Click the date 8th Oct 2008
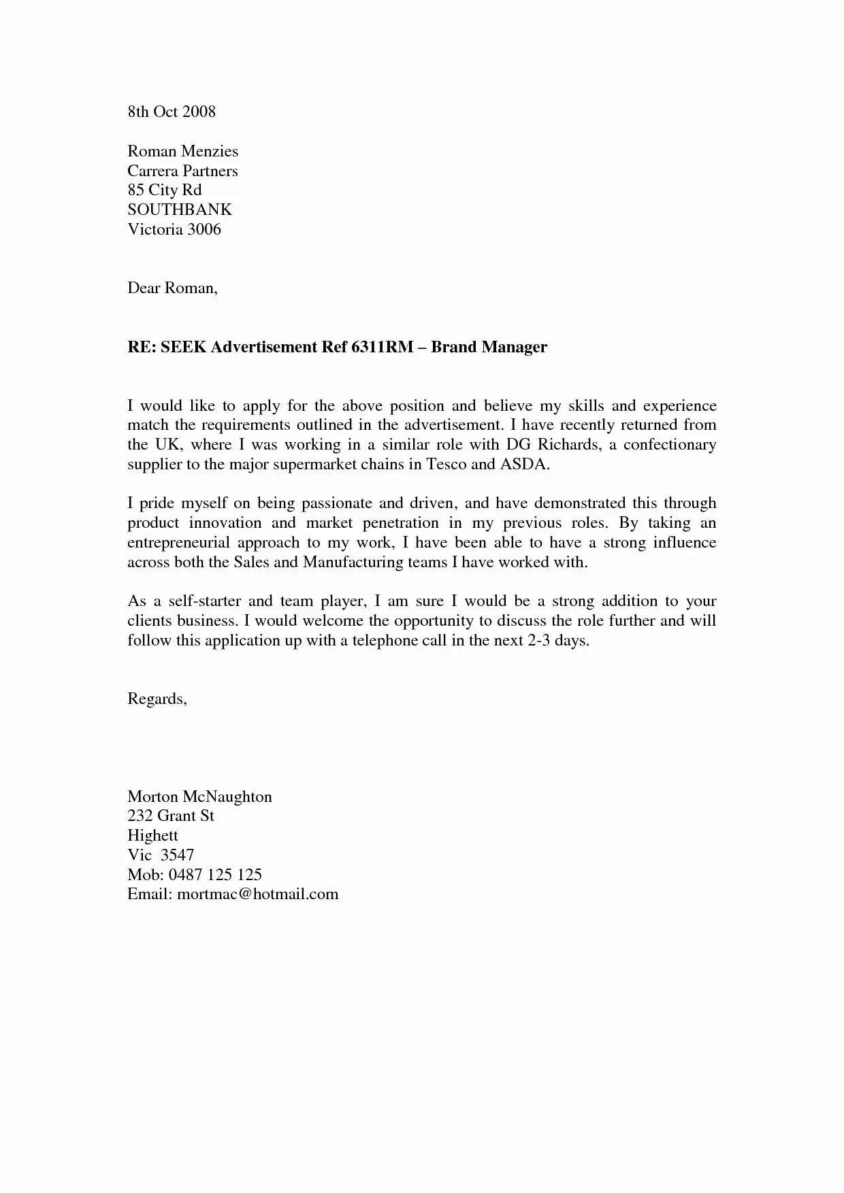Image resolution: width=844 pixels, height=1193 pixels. click(x=172, y=112)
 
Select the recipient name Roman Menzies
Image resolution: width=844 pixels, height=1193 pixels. click(x=182, y=151)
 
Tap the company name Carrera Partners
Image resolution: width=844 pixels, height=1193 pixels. click(x=182, y=171)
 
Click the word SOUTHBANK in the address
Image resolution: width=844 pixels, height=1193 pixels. click(x=180, y=209)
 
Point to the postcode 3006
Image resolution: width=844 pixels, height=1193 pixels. click(x=204, y=229)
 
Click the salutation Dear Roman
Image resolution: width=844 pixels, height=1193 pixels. click(x=172, y=288)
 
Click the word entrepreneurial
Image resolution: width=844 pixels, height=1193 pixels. click(x=180, y=543)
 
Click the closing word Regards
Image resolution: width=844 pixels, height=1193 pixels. click(x=157, y=699)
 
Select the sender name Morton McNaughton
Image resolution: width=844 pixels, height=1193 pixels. click(x=199, y=796)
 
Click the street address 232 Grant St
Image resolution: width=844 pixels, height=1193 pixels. click(x=171, y=816)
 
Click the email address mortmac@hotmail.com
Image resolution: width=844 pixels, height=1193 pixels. click(x=257, y=894)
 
